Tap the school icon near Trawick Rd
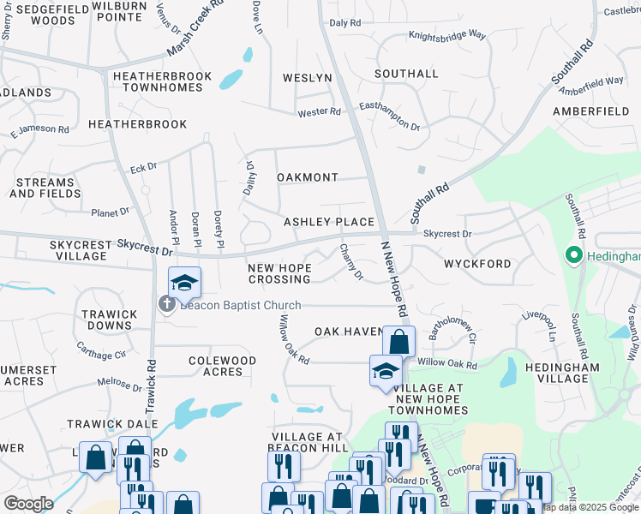[184, 282]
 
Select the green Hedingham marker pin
[572, 255]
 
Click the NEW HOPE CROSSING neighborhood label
[279, 274]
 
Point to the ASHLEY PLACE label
[329, 222]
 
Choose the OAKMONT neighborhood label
[308, 177]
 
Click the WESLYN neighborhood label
[308, 78]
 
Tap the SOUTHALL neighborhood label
[406, 75]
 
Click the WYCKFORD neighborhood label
[477, 264]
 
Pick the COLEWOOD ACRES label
[222, 366]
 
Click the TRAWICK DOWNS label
[109, 320]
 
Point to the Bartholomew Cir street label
[452, 332]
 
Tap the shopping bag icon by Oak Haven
[398, 342]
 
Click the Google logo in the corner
[28, 504]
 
